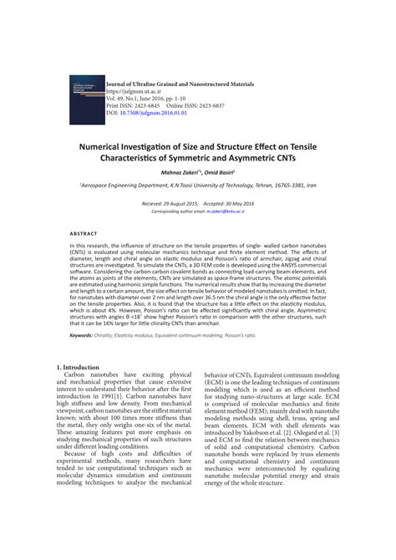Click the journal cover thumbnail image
pyautogui.click(x=83, y=99)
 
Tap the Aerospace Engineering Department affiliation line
pyautogui.click(x=197, y=186)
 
